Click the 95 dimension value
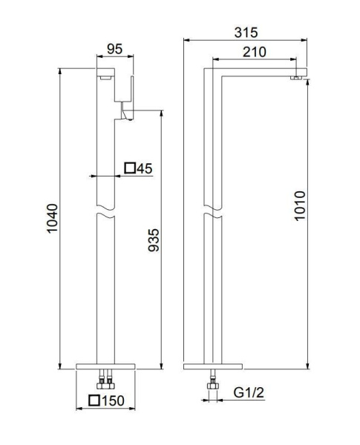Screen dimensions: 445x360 click(114, 49)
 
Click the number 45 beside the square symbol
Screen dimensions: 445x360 click(144, 168)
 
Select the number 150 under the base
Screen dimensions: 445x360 click(113, 401)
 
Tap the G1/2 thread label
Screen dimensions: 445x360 click(248, 391)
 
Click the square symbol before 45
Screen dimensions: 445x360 click(129, 168)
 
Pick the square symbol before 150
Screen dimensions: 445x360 click(94, 401)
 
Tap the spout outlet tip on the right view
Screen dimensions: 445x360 click(296, 76)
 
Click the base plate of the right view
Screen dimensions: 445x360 click(213, 367)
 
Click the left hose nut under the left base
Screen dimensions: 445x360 click(98, 383)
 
